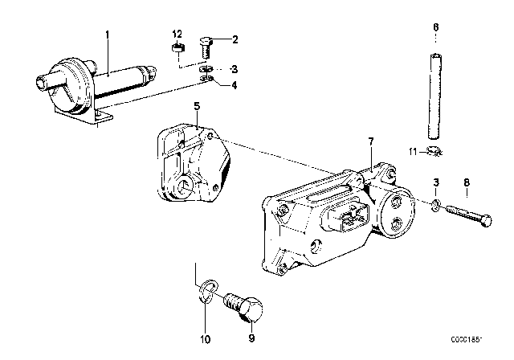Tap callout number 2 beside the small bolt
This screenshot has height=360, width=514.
click(236, 39)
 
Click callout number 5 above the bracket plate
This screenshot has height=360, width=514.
click(196, 105)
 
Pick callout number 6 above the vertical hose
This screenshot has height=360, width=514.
click(436, 27)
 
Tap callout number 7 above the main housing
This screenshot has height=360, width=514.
click(371, 142)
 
